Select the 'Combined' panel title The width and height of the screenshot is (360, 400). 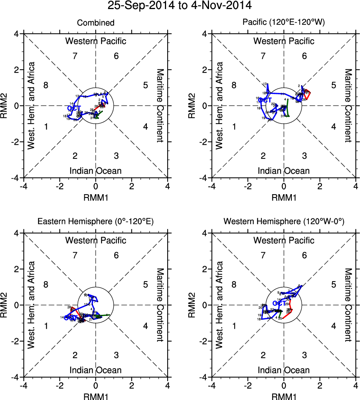(x=96, y=23)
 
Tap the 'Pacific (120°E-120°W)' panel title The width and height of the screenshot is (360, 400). (x=284, y=23)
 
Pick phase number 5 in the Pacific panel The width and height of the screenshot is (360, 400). (x=333, y=85)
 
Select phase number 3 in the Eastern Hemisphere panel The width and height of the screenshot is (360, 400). (x=116, y=355)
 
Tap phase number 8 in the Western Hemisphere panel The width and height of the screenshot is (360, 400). (x=233, y=285)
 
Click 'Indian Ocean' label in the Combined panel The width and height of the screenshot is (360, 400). (x=96, y=171)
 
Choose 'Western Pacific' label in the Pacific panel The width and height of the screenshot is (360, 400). (x=284, y=41)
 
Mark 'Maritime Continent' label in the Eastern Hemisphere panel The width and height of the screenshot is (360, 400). (x=160, y=305)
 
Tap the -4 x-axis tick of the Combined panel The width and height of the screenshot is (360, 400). (x=24, y=186)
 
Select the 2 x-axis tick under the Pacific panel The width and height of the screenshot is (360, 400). (x=320, y=186)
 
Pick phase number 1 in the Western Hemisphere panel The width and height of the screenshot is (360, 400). (x=233, y=326)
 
